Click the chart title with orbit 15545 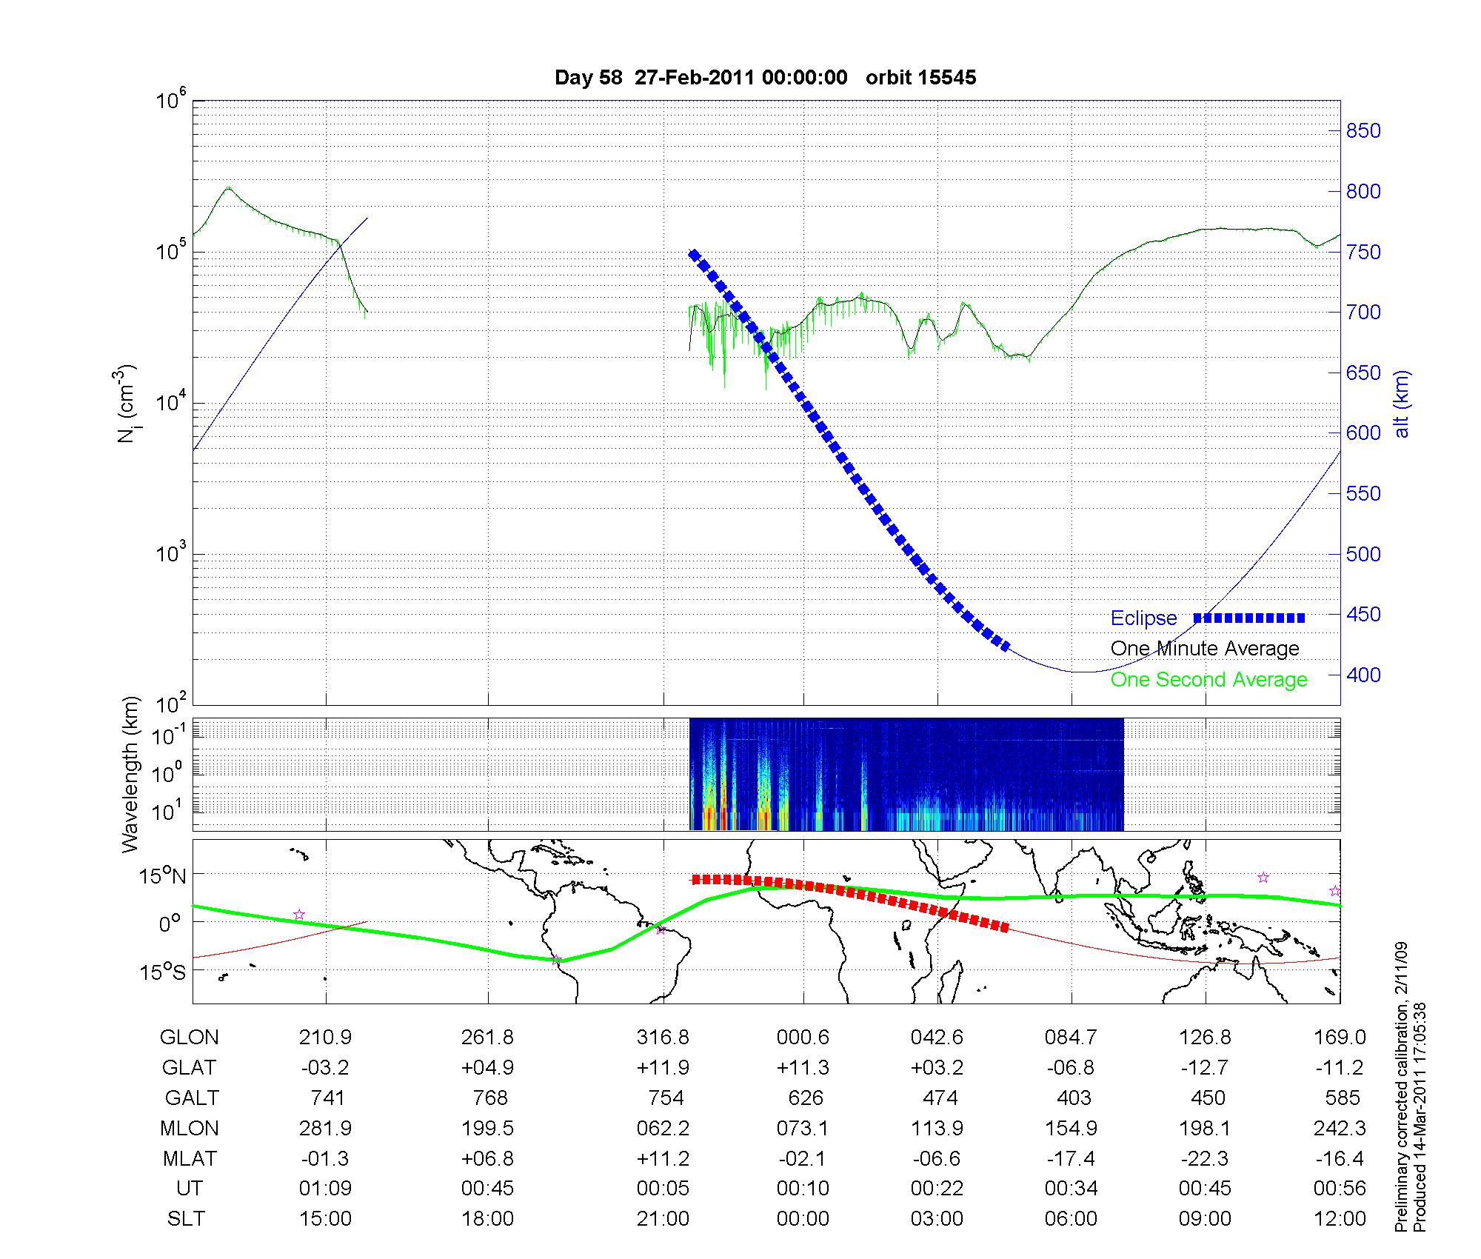(x=765, y=78)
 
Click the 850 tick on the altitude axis (x=1363, y=131)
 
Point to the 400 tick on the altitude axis (x=1363, y=675)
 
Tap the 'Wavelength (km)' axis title (x=130, y=774)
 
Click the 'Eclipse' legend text (x=1143, y=618)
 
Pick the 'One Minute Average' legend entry (x=1205, y=649)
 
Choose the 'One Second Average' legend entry (x=1208, y=680)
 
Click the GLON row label (x=189, y=1038)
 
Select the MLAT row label (x=190, y=1158)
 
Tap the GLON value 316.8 (x=663, y=1038)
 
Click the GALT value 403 (x=1074, y=1098)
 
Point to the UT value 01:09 (x=326, y=1189)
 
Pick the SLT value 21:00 (x=663, y=1219)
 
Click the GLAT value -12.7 (x=1206, y=1068)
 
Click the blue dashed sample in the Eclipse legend (x=1248, y=618)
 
